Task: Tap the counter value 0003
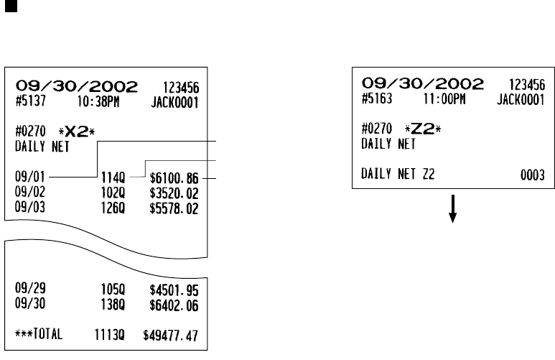[531, 175]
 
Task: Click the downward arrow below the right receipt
[454, 209]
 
